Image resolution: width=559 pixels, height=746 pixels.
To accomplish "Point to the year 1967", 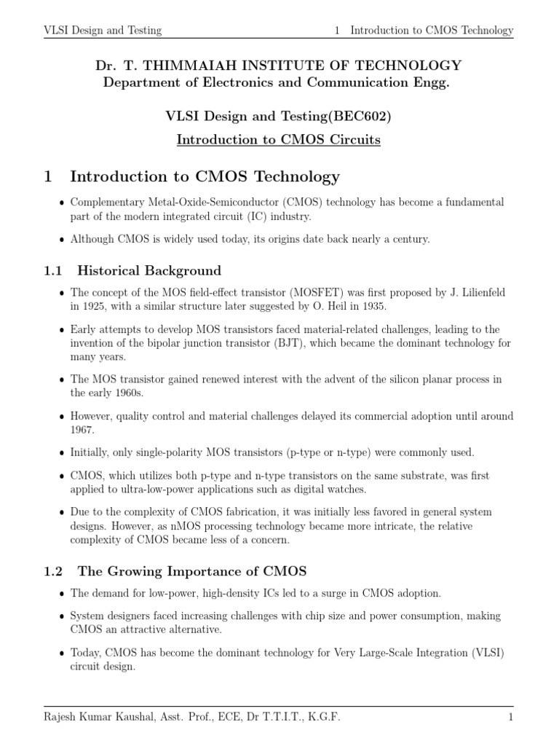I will (83, 430).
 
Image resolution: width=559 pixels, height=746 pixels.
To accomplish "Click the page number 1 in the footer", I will (511, 717).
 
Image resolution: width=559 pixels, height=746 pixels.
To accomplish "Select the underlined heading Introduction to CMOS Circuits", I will (279, 139).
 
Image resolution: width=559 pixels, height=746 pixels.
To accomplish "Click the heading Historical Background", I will (149, 271).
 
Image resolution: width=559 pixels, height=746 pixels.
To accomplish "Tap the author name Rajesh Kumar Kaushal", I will (105, 717).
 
